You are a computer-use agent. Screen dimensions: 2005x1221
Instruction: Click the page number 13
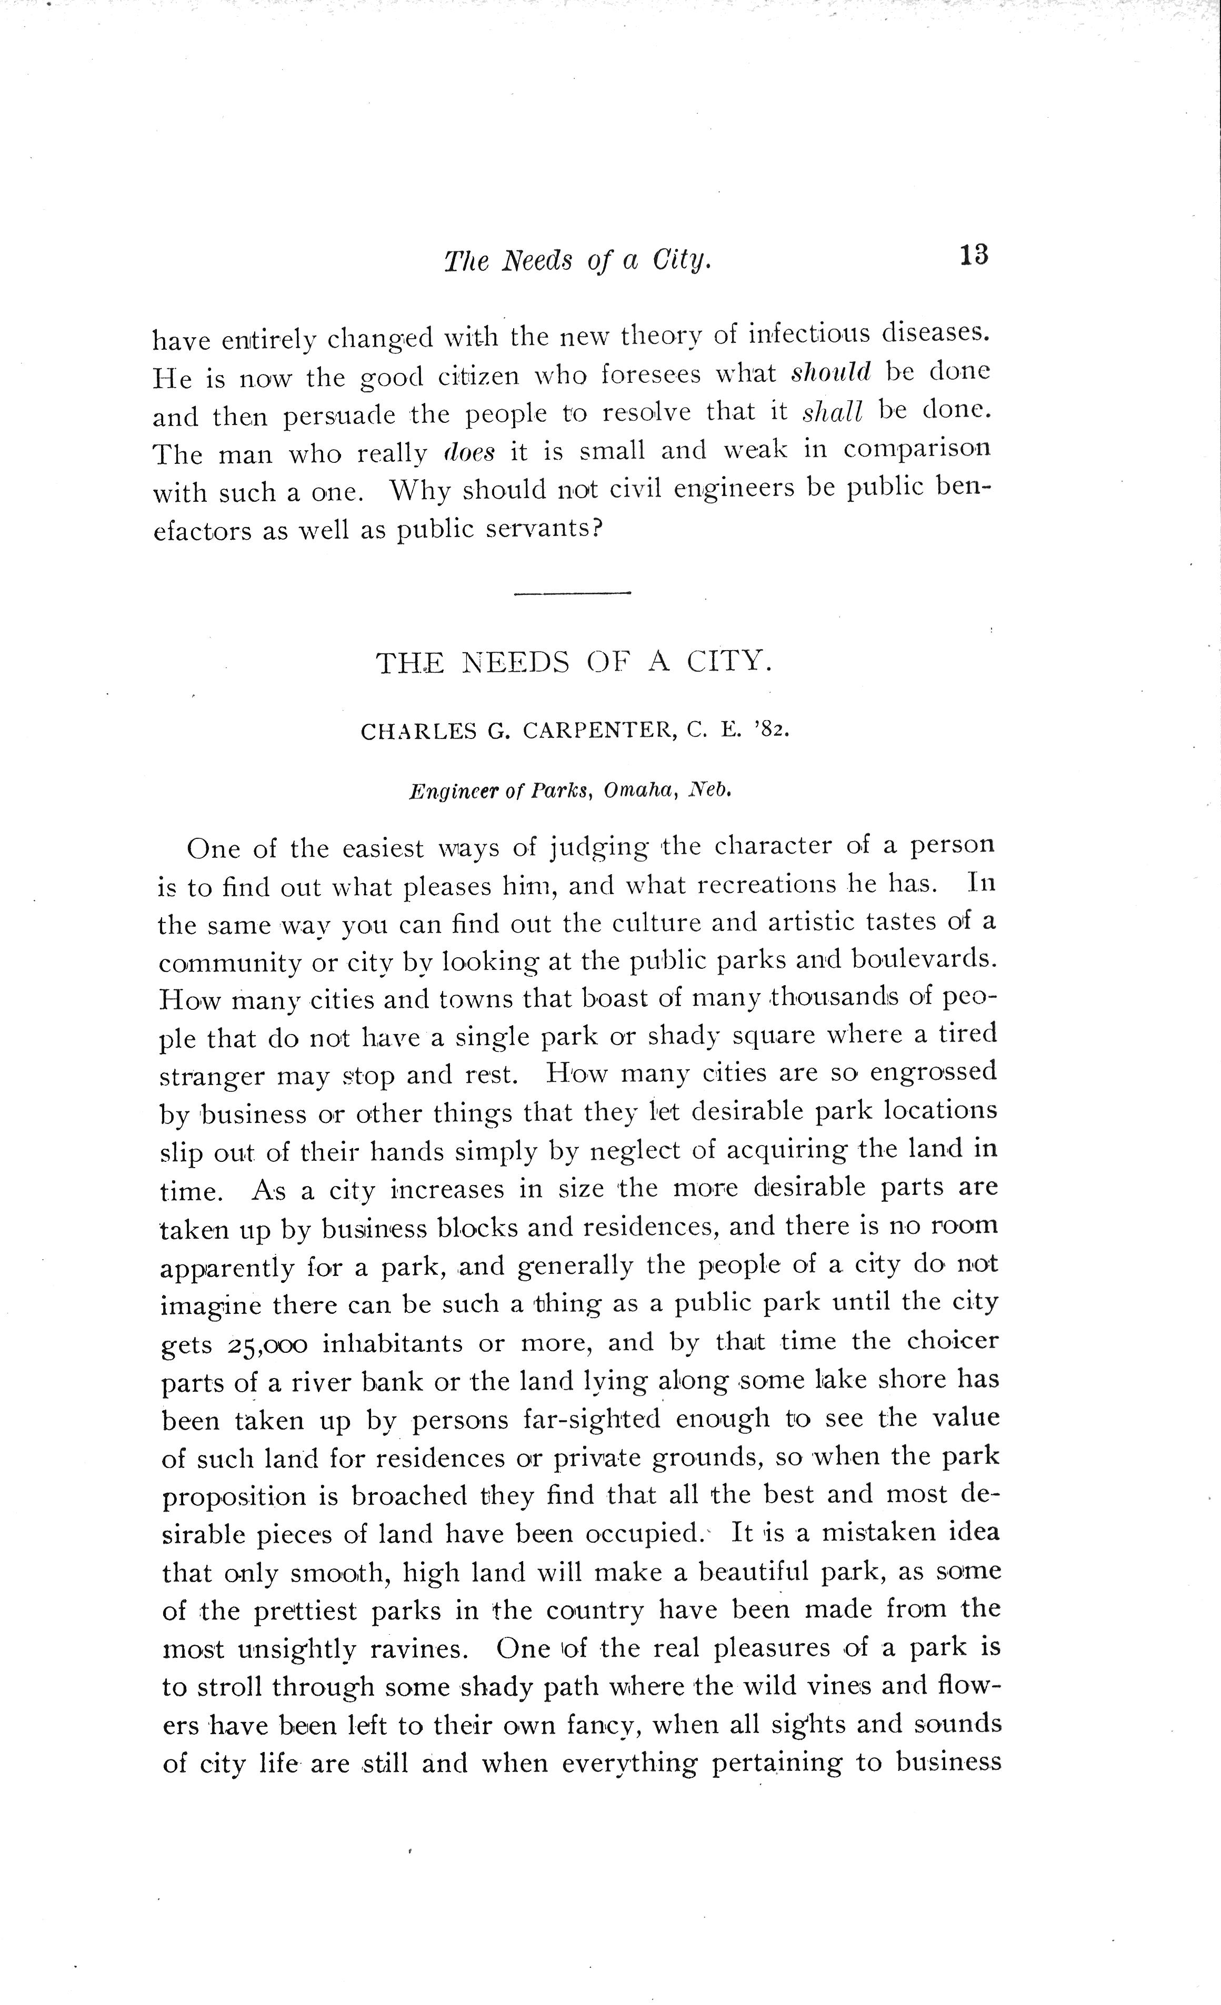coord(974,256)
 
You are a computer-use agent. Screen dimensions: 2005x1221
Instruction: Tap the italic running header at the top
coord(578,260)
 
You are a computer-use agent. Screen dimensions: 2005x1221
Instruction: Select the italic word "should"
coord(831,372)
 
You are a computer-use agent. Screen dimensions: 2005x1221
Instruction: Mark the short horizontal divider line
coord(573,592)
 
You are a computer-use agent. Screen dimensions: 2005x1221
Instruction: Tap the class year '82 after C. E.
coord(773,730)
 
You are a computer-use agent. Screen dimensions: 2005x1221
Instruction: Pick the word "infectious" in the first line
coord(807,333)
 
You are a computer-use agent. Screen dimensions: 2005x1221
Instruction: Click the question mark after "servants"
coord(596,529)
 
